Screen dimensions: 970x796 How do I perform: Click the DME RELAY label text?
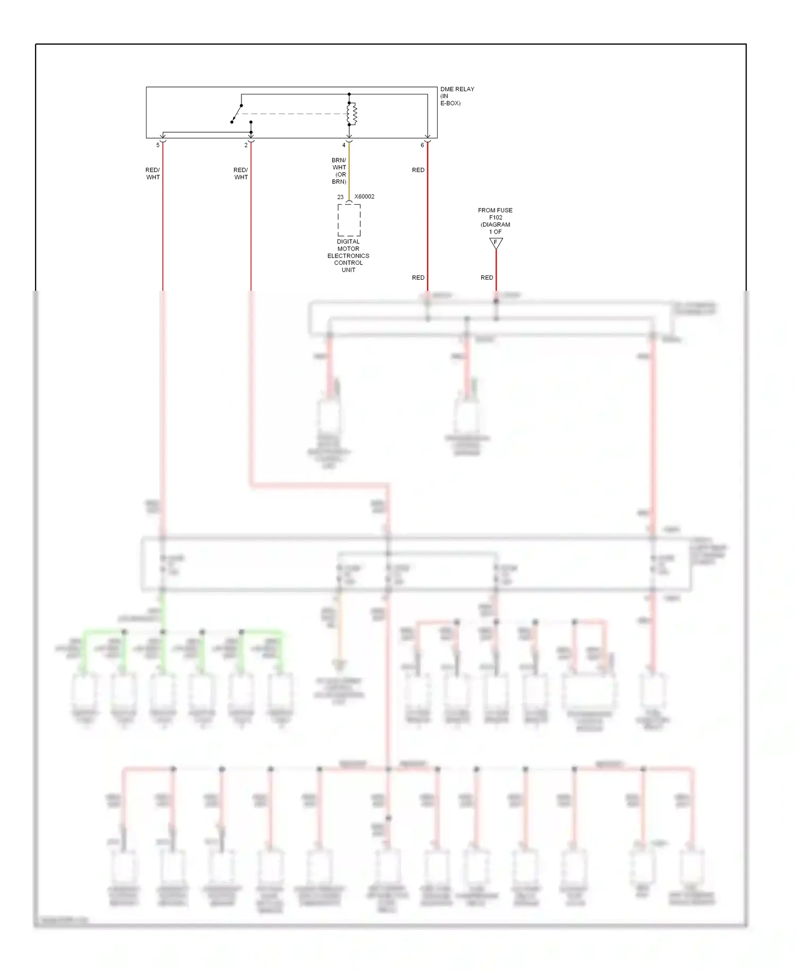(457, 89)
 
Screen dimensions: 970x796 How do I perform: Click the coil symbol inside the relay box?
(352, 114)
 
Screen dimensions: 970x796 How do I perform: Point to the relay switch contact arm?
(236, 114)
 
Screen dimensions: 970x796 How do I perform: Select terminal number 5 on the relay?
(158, 145)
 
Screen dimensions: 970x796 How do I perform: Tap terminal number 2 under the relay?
(246, 145)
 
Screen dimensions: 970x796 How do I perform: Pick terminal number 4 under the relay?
(343, 145)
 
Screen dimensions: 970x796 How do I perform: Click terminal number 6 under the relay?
(422, 145)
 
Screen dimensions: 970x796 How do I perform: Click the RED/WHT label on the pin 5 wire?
(153, 174)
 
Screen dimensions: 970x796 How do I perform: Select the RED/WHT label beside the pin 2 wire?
(241, 174)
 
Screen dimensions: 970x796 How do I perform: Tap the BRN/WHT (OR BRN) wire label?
(339, 171)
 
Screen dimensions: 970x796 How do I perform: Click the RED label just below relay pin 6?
(418, 170)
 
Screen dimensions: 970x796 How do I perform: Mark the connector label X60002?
(365, 197)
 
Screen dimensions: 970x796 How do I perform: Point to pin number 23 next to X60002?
(340, 197)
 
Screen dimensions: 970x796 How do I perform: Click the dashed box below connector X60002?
(349, 220)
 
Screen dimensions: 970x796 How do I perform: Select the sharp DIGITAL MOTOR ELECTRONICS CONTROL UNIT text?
(348, 256)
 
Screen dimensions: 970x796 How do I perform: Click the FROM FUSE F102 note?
(495, 221)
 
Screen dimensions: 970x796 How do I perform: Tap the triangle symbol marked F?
(496, 243)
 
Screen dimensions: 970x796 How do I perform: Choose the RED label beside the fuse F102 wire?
(487, 278)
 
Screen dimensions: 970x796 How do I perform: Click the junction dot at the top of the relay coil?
(349, 94)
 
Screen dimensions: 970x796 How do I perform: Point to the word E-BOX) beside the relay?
(450, 103)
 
